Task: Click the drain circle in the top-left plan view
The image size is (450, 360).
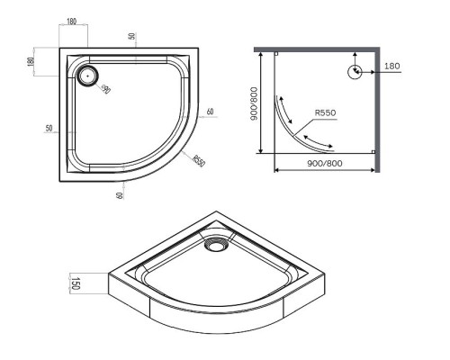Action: pos(87,75)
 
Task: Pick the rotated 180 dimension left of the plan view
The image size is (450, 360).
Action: pos(31,62)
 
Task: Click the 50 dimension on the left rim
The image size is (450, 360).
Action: pos(48,129)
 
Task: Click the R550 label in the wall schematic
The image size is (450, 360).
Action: pos(326,113)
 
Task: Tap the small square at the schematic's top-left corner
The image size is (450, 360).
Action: pos(275,54)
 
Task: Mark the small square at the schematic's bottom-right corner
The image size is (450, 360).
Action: pos(373,152)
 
